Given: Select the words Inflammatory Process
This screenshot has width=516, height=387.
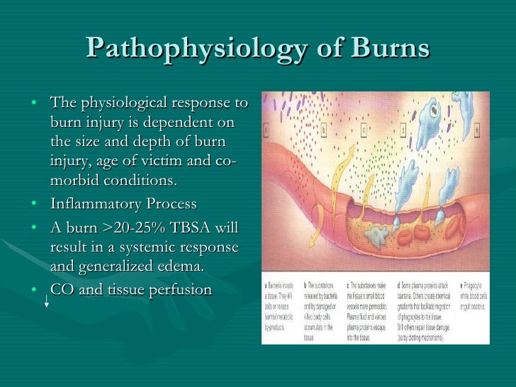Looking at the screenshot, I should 123,204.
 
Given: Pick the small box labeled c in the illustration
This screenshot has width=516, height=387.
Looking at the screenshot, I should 364,130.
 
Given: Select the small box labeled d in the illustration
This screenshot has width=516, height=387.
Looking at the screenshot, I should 404,130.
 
